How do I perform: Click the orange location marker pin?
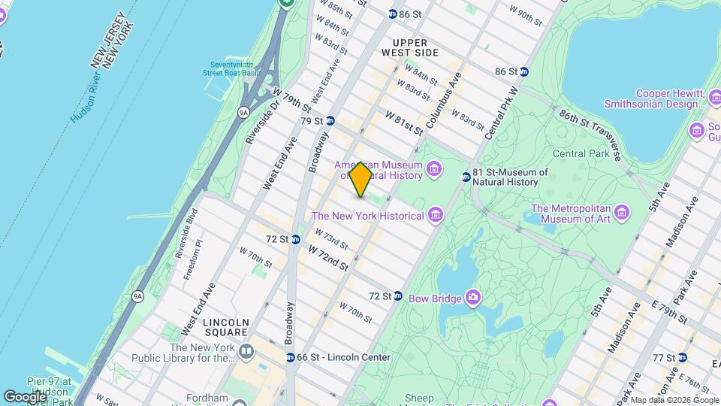(x=360, y=180)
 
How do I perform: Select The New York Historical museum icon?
(x=434, y=217)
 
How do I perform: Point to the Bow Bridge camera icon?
(x=473, y=298)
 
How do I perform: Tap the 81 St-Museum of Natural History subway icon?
(x=466, y=177)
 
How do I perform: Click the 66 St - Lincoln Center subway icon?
(x=290, y=357)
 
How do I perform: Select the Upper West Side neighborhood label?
(x=421, y=47)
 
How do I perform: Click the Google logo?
(x=24, y=396)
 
